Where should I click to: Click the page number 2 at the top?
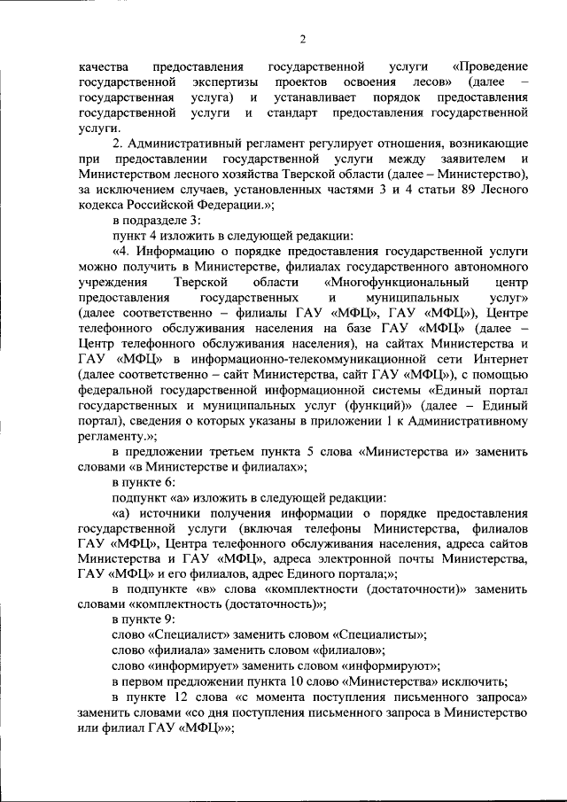302,39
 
